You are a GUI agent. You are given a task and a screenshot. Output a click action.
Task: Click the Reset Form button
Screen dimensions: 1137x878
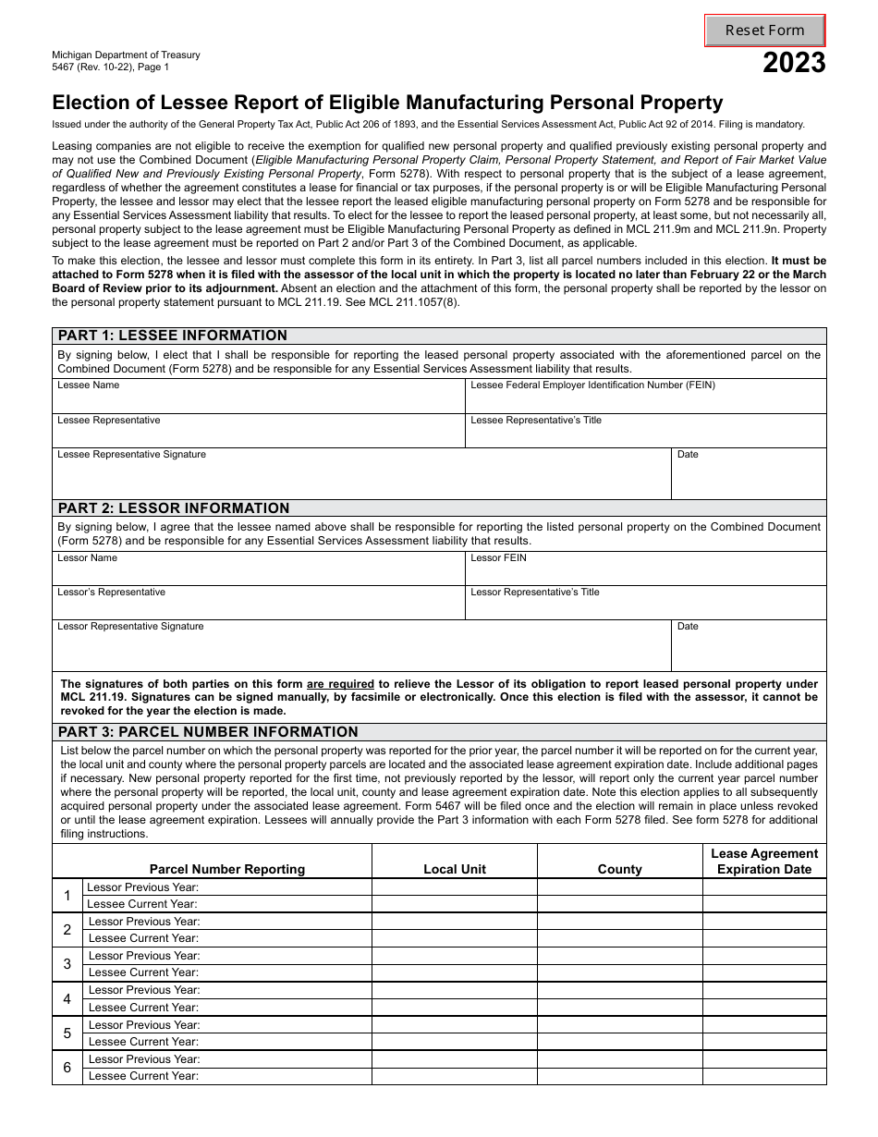click(x=764, y=31)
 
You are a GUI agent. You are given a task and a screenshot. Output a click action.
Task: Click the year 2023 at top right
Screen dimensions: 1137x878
click(x=794, y=64)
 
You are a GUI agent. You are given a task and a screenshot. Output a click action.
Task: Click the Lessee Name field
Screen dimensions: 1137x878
click(x=258, y=401)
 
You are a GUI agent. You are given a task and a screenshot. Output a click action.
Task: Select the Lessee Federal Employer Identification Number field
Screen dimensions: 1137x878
click(x=645, y=401)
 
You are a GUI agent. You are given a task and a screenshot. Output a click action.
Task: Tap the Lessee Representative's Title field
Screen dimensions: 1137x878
click(x=645, y=435)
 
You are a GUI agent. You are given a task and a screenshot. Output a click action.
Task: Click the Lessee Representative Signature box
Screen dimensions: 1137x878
click(x=360, y=479)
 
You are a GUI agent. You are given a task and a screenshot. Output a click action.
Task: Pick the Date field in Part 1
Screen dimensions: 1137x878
click(x=749, y=479)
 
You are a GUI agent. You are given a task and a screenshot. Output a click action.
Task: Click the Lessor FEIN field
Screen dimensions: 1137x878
click(x=645, y=573)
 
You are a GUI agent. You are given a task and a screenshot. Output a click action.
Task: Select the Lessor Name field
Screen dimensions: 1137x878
click(x=258, y=573)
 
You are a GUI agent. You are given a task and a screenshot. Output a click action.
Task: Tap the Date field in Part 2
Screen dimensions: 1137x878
click(x=749, y=651)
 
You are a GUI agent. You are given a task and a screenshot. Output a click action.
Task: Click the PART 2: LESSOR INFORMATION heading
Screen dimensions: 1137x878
click(x=174, y=508)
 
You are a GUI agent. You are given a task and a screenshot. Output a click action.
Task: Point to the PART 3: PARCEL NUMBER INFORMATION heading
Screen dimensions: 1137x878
click(x=208, y=732)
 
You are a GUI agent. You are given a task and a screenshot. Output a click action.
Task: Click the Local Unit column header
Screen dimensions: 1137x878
click(x=454, y=869)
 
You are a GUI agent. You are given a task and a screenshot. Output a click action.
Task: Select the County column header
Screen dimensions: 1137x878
click(x=619, y=869)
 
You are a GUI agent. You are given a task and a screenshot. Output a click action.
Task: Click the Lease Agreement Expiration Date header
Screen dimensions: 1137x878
click(x=764, y=862)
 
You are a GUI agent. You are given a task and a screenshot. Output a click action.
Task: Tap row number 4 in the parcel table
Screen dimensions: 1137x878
click(x=67, y=999)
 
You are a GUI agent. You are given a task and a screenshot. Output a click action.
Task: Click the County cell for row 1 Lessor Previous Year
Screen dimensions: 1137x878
click(x=619, y=887)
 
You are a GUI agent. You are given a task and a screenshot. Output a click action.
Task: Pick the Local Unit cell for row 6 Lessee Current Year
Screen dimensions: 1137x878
click(x=454, y=1076)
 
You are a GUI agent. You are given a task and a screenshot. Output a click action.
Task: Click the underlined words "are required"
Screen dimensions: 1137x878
click(x=340, y=685)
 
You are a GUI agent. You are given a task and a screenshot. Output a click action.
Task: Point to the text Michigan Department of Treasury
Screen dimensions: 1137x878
click(x=126, y=55)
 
